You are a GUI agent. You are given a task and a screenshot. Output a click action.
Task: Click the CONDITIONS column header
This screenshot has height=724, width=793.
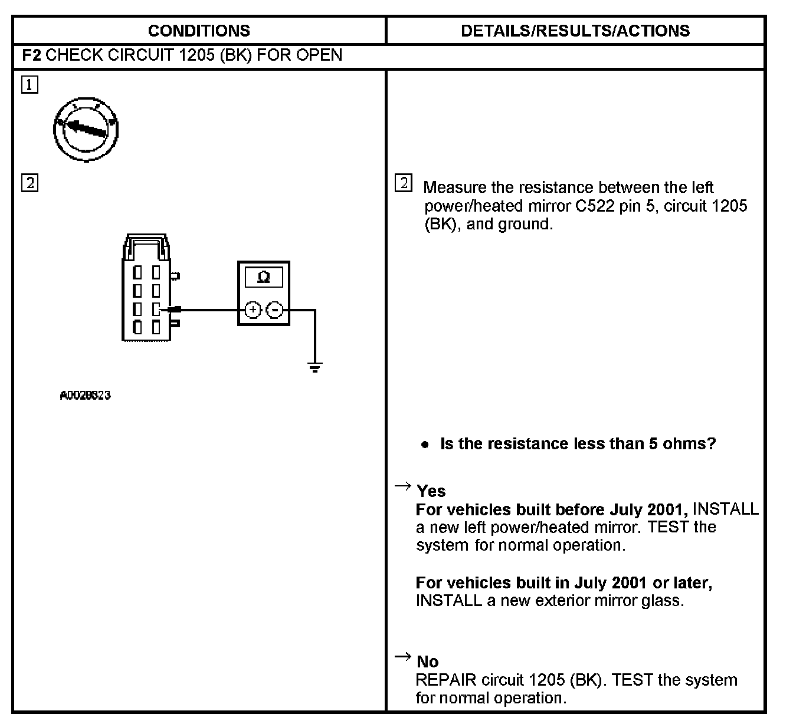tap(199, 31)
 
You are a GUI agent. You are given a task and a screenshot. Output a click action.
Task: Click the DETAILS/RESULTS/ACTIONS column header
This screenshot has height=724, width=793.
tap(575, 31)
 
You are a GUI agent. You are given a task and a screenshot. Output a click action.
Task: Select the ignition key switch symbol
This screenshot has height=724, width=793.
tap(86, 129)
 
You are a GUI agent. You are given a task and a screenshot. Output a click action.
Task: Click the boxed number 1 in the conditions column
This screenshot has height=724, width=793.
tap(30, 85)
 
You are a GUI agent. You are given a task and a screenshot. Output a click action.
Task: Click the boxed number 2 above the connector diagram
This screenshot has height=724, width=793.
tap(30, 183)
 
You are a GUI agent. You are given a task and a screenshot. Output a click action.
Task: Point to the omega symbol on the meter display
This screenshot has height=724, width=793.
tap(264, 277)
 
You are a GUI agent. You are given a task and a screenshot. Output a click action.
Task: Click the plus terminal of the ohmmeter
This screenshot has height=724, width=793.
tap(253, 310)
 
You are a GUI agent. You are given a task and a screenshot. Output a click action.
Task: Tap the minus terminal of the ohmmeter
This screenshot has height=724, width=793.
tap(274, 310)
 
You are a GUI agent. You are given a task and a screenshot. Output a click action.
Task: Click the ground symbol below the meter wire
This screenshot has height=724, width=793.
tap(315, 368)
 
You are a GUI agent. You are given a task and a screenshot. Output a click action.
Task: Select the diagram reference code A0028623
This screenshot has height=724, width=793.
tap(86, 395)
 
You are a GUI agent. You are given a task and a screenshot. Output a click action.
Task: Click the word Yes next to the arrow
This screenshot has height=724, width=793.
tap(431, 491)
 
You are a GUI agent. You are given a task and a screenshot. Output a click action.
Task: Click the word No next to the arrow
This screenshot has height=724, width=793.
tap(428, 662)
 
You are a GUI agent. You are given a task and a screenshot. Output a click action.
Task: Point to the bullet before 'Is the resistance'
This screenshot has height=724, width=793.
tap(425, 445)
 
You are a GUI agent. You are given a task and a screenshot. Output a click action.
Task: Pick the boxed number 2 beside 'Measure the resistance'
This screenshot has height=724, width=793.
tap(404, 183)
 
